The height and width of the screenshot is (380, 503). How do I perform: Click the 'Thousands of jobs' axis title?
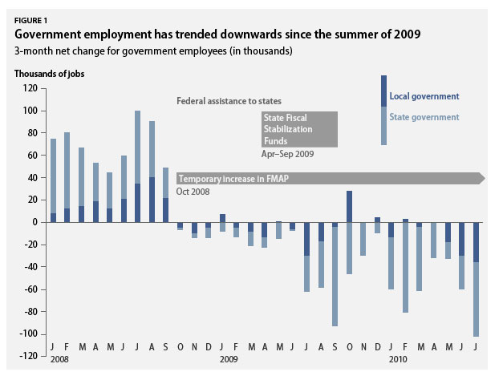[50, 74]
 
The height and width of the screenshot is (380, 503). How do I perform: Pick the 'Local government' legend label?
[424, 97]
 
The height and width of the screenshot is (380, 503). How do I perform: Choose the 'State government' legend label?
[424, 117]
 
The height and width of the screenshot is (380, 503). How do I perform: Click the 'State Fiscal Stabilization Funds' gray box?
[298, 129]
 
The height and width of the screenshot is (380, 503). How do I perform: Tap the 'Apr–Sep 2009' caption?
[286, 152]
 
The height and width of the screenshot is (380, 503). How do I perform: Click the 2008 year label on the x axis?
[59, 360]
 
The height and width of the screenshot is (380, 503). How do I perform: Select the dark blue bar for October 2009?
[350, 206]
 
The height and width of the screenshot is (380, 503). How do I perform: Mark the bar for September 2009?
[335, 273]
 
